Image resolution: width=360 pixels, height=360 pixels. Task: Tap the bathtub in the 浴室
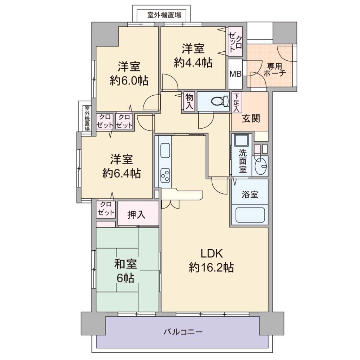pyautogui.click(x=250, y=215)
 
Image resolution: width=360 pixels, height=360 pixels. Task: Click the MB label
pyautogui.click(x=236, y=74)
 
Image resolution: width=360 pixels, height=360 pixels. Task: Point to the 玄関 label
pyautogui.click(x=251, y=119)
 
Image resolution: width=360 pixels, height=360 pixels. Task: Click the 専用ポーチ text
pyautogui.click(x=275, y=70)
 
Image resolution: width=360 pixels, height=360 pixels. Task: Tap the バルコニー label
pyautogui.click(x=183, y=332)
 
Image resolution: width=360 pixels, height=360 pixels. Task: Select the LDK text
pyautogui.click(x=212, y=254)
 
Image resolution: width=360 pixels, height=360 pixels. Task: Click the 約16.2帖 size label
pyautogui.click(x=211, y=268)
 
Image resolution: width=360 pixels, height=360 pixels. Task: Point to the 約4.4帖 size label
pyautogui.click(x=193, y=63)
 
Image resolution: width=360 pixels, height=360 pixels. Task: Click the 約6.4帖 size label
pyautogui.click(x=121, y=173)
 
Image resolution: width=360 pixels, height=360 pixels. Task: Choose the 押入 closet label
pyautogui.click(x=136, y=214)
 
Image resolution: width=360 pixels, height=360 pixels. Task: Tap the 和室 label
pyautogui.click(x=126, y=264)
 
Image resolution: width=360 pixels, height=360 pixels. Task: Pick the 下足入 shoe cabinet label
pyautogui.click(x=236, y=102)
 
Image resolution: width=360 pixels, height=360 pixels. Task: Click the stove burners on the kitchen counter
pyautogui.click(x=165, y=175)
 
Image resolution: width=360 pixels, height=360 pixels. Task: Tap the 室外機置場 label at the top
pyautogui.click(x=164, y=15)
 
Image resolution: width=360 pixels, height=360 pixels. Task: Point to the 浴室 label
pyautogui.click(x=250, y=194)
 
